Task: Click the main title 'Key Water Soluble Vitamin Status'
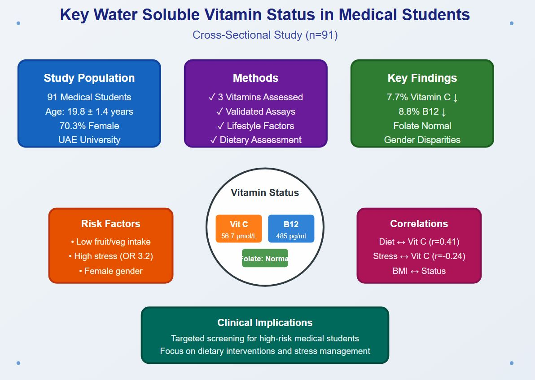click(x=265, y=15)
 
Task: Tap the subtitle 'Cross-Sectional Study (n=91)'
click(x=265, y=35)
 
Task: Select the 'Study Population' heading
click(x=89, y=78)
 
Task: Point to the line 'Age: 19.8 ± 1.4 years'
click(x=89, y=112)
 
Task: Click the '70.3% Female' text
click(x=89, y=125)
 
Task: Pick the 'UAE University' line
click(x=89, y=140)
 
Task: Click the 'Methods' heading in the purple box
click(x=255, y=78)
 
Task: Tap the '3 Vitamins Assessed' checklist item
click(x=255, y=97)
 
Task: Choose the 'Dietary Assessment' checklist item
click(x=255, y=140)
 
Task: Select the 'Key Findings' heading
click(x=422, y=78)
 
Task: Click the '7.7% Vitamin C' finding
click(x=422, y=97)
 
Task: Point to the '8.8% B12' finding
click(x=422, y=112)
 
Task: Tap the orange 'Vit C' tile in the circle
click(x=239, y=229)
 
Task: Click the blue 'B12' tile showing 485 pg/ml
click(x=291, y=229)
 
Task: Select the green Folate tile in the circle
click(x=265, y=258)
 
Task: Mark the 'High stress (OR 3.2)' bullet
click(x=110, y=256)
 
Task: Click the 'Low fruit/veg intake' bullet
click(x=110, y=242)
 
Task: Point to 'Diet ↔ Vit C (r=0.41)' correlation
click(x=419, y=242)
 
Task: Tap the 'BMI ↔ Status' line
click(x=419, y=271)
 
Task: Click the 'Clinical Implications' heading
click(x=265, y=322)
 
